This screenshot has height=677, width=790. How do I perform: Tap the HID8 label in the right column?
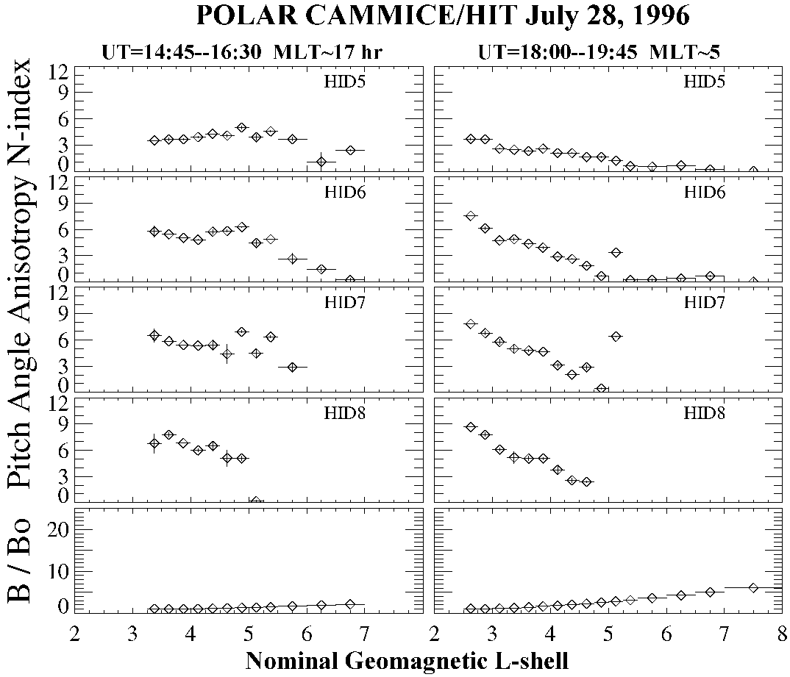705,413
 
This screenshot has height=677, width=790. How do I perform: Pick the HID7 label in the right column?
705,302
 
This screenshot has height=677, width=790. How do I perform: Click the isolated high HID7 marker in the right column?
616,336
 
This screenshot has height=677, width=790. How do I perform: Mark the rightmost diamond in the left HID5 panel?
351,150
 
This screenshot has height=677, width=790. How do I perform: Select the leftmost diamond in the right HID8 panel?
471,427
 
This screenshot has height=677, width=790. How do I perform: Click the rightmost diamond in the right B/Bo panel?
753,587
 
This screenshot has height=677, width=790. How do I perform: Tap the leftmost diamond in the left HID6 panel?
154,232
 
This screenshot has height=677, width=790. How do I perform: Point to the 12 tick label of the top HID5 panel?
59,71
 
